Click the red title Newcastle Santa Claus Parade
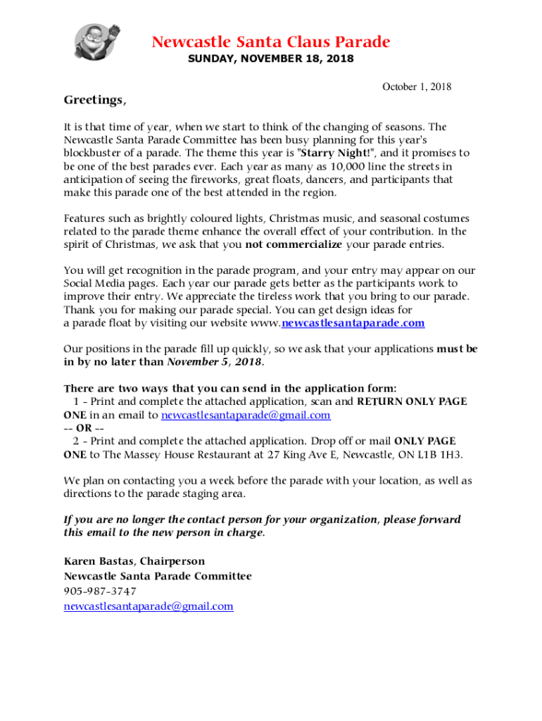tap(270, 42)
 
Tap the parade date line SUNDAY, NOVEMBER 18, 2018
tap(270, 59)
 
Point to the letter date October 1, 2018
tap(417, 87)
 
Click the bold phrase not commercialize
tap(294, 244)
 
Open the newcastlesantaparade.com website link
tap(353, 323)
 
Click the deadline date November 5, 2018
tap(214, 362)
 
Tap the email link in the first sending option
tap(246, 415)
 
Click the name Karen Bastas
tap(99, 561)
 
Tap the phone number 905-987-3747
tap(100, 591)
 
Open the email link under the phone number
tap(149, 606)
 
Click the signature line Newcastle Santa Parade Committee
tap(158, 576)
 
